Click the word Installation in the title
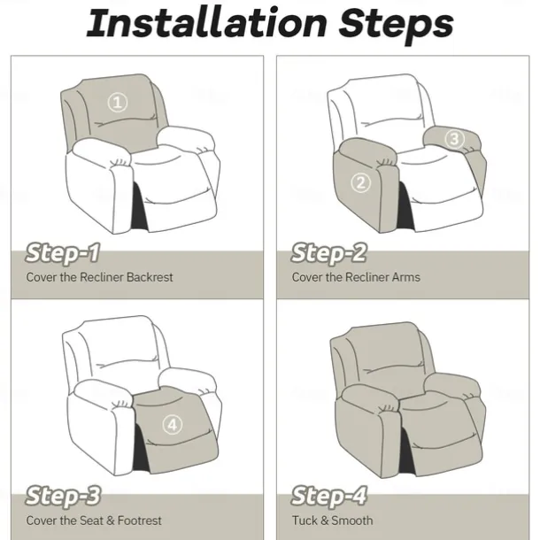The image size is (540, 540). [206, 23]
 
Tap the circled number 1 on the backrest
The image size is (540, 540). [118, 103]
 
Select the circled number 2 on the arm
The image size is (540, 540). [361, 182]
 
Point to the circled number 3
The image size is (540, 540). [455, 139]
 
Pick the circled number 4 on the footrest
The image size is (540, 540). [173, 424]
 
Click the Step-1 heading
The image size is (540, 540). [63, 254]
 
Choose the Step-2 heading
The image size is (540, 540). [329, 254]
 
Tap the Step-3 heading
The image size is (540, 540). [64, 497]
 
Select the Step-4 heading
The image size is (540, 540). [329, 497]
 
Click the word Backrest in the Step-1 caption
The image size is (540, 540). [150, 277]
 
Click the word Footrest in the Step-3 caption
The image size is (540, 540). [140, 521]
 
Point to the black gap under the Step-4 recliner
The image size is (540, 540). [406, 453]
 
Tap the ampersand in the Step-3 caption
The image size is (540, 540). [111, 521]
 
